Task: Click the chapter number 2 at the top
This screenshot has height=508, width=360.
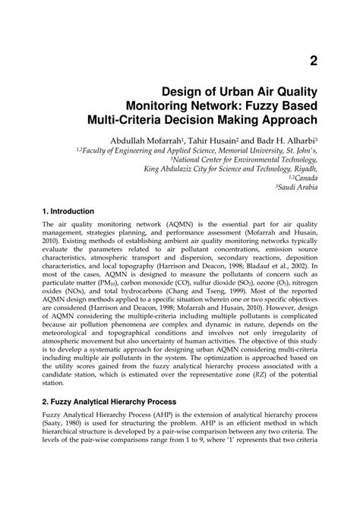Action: point(313,59)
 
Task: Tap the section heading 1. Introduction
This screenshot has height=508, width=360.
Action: point(68,210)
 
